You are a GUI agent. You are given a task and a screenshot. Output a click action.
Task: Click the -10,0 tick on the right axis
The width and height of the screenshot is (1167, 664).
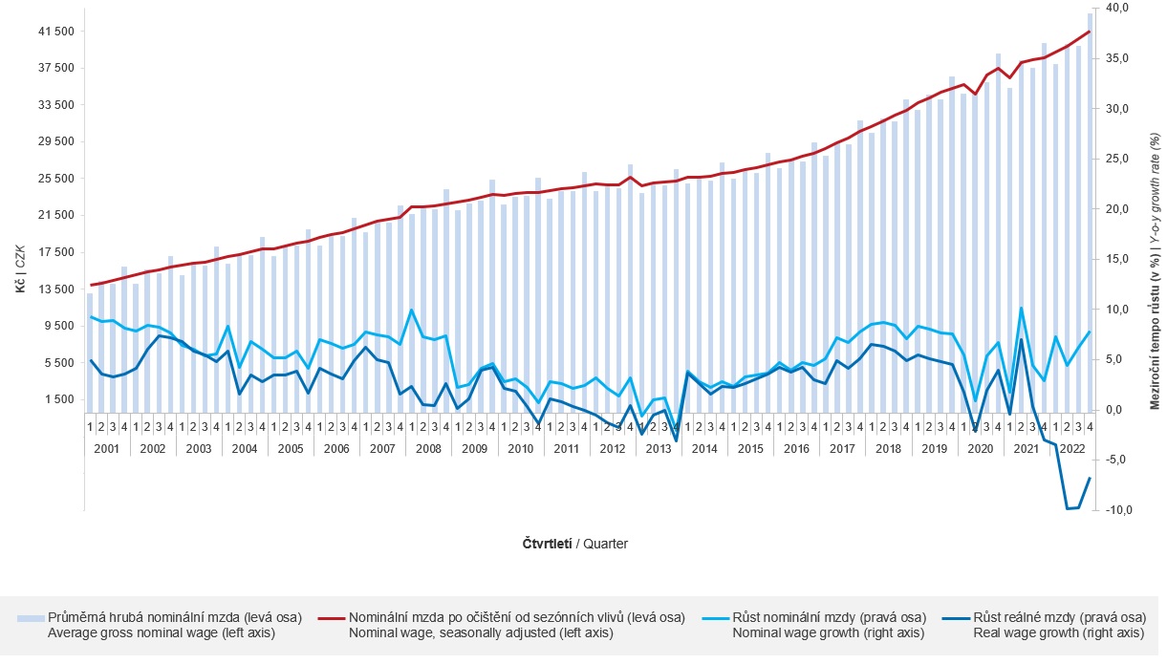tap(1117, 510)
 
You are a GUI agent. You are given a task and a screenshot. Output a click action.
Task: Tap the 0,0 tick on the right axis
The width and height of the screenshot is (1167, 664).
tap(1120, 410)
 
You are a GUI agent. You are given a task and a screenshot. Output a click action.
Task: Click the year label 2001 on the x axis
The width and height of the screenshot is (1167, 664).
tap(107, 448)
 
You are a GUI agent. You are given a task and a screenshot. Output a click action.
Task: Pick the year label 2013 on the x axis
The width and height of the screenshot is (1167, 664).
tap(659, 448)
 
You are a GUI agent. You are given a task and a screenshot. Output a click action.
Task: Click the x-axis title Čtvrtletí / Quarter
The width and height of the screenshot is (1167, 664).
tap(575, 544)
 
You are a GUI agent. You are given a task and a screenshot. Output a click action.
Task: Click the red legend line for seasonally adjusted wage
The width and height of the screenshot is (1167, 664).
tap(331, 618)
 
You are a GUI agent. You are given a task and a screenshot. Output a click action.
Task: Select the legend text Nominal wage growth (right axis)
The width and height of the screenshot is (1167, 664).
tap(829, 632)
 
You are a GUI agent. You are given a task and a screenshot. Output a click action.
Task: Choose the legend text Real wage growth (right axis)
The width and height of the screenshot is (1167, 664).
tap(1058, 632)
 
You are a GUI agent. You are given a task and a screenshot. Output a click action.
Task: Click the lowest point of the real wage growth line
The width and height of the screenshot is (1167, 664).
tap(1068, 508)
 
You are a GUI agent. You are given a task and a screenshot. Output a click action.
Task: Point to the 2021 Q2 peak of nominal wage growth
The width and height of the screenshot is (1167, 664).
tap(1022, 308)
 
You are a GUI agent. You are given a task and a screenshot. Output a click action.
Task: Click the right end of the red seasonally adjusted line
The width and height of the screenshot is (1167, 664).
tap(1091, 32)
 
